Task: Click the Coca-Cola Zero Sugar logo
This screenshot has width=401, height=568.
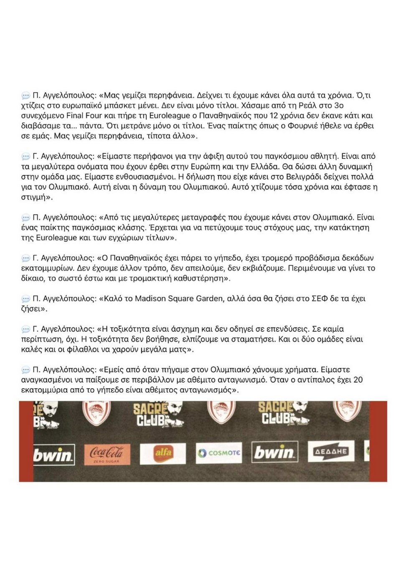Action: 107,454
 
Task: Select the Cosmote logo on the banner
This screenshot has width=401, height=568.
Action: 218,453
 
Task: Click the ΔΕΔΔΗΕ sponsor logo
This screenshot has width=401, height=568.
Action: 331,451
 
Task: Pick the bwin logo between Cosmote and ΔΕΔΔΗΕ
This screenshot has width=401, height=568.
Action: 274,452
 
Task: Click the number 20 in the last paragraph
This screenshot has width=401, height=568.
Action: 358,380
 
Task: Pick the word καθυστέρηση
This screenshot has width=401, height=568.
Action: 201,279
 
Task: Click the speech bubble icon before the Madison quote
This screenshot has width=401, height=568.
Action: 26,299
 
